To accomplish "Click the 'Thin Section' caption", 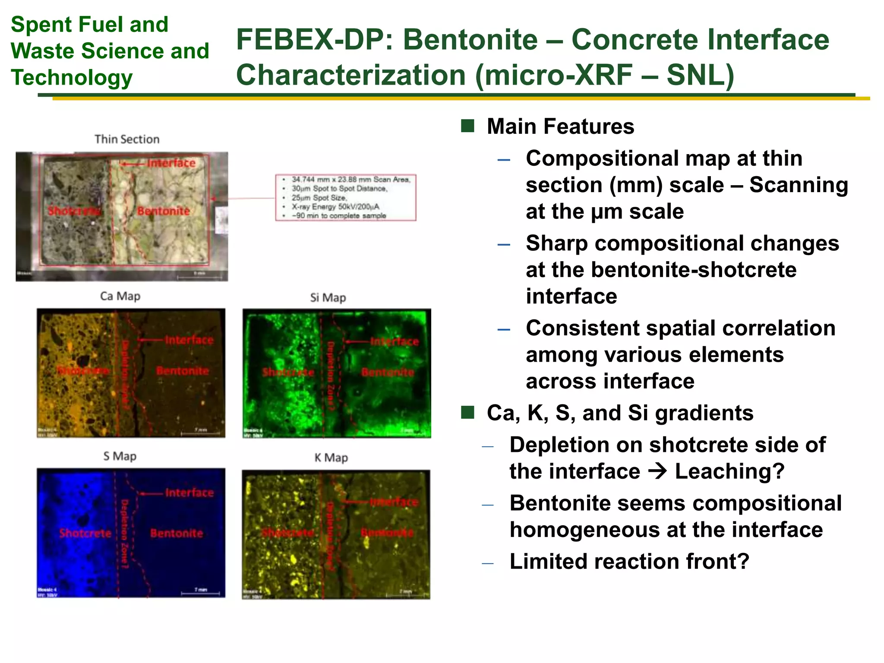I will pyautogui.click(x=127, y=139).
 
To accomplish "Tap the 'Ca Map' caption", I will pyautogui.click(x=120, y=296).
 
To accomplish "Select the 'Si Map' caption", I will pyautogui.click(x=328, y=297).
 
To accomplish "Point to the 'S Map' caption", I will pyautogui.click(x=120, y=456).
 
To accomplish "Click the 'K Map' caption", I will pyautogui.click(x=331, y=457).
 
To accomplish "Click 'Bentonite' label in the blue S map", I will pyautogui.click(x=177, y=533).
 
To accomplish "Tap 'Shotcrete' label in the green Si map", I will pyautogui.click(x=288, y=372).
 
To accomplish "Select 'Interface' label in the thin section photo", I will pyautogui.click(x=171, y=163).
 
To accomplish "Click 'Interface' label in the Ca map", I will pyautogui.click(x=189, y=340).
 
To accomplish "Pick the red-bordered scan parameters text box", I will pyautogui.click(x=345, y=197).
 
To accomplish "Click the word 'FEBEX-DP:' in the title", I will pyautogui.click(x=315, y=40).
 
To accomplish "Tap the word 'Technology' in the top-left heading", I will pyautogui.click(x=72, y=78).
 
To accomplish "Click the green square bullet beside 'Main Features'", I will pyautogui.click(x=467, y=126).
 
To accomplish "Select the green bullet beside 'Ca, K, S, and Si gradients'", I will pyautogui.click(x=467, y=413).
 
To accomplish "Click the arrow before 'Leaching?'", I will pyautogui.click(x=657, y=471).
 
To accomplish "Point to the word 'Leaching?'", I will pyautogui.click(x=729, y=471).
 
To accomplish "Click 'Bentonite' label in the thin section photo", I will pyautogui.click(x=164, y=211).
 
